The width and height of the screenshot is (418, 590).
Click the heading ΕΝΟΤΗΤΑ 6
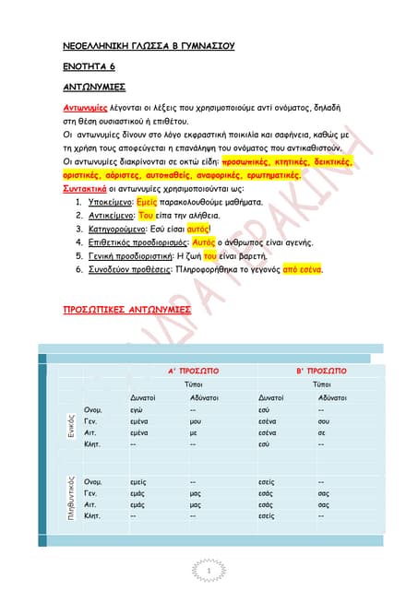pos(82,66)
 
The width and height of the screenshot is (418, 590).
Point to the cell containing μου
pos(196,419)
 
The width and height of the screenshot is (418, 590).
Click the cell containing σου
pos(322,419)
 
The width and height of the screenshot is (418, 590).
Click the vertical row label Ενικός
pos(70,425)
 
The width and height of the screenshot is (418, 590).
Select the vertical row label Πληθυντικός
pos(70,499)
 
